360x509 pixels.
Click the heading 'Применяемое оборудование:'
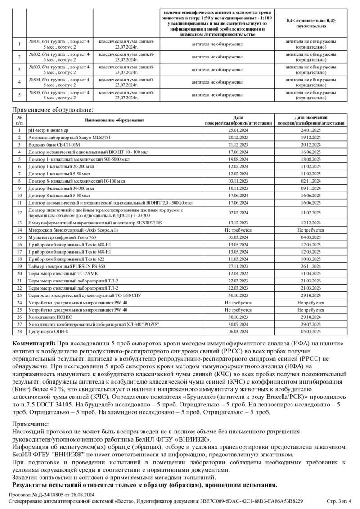[53, 110]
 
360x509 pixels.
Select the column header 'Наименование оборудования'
[114, 121]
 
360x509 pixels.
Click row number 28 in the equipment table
[19, 332]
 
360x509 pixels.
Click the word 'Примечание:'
[30, 424]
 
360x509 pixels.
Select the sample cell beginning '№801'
[59, 44]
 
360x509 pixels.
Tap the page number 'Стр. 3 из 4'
[338, 501]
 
